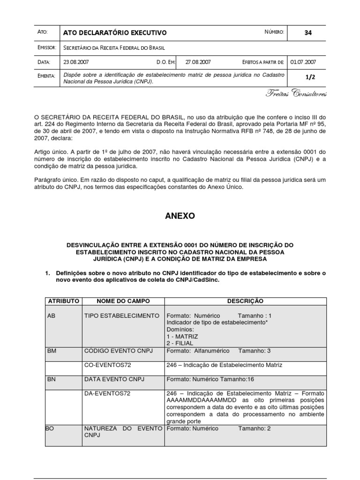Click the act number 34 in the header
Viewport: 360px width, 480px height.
click(x=308, y=33)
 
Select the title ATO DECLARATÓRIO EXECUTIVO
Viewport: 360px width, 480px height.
click(x=115, y=33)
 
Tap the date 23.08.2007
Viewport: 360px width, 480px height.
click(x=76, y=62)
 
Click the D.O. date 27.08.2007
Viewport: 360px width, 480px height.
click(x=198, y=62)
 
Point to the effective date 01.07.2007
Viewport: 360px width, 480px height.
click(x=303, y=62)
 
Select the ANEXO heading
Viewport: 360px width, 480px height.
click(x=180, y=216)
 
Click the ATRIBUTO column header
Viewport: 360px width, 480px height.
click(x=63, y=301)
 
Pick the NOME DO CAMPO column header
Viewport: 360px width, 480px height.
click(x=121, y=301)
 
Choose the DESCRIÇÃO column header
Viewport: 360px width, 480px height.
click(x=245, y=301)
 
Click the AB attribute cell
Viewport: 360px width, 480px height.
click(x=52, y=316)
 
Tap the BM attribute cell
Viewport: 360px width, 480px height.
click(x=52, y=351)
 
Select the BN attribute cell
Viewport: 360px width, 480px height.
click(x=52, y=379)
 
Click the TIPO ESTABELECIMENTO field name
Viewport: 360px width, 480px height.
click(x=121, y=316)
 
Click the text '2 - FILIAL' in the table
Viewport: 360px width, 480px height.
click(x=180, y=343)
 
